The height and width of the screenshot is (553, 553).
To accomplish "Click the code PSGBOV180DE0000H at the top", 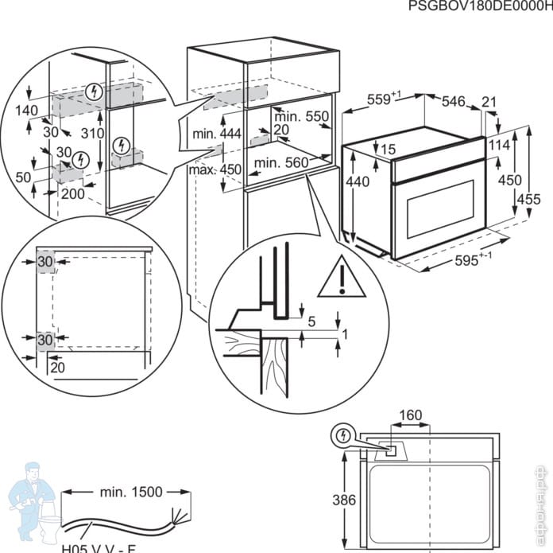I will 479,7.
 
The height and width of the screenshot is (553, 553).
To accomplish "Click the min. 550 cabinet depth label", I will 305,117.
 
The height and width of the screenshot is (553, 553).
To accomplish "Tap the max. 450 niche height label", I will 215,169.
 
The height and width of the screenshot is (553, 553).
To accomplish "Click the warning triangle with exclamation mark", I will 340,277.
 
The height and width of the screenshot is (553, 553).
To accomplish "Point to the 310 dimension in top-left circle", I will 94,134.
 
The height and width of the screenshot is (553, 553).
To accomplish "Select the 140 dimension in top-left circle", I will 26,110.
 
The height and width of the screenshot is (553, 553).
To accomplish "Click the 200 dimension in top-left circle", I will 71,193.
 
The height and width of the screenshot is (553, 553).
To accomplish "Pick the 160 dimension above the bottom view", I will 410,415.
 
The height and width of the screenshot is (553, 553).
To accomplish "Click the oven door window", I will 442,212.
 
